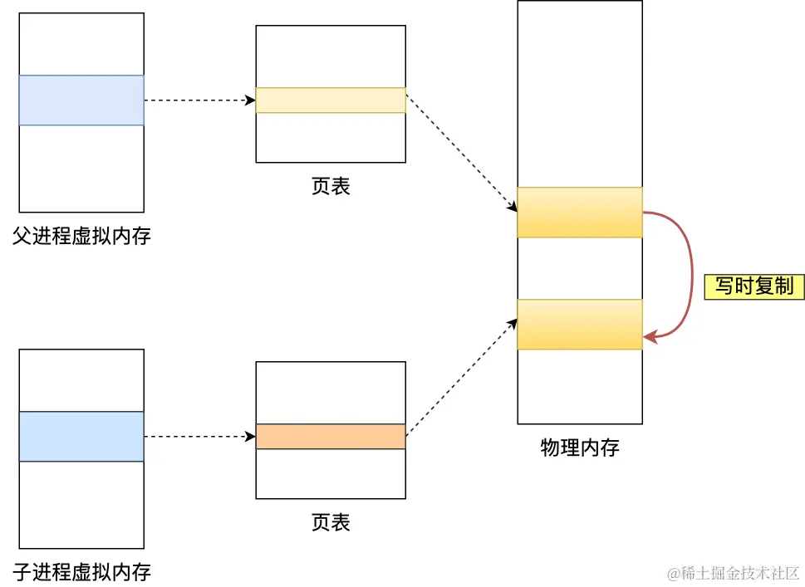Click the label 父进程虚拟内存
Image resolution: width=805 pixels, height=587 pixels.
click(x=81, y=237)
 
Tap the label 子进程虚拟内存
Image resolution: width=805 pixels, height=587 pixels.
click(x=81, y=571)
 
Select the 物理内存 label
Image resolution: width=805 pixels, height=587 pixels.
click(x=580, y=448)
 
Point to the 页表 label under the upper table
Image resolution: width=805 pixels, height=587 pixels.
click(x=331, y=186)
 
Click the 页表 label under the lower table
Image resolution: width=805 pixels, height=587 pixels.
click(x=331, y=522)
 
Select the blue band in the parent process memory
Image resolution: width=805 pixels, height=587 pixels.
click(x=81, y=100)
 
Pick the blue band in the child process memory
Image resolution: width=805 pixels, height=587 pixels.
click(x=81, y=437)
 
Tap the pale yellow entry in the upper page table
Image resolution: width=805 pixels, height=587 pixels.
click(x=331, y=100)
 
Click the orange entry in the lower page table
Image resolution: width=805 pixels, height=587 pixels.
click(x=331, y=437)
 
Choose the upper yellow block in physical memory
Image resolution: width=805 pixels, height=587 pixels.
click(x=580, y=213)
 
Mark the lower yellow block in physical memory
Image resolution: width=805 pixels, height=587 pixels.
click(x=580, y=325)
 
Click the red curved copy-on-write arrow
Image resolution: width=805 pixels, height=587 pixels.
click(x=691, y=274)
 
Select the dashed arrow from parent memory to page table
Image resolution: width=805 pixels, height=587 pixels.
click(x=199, y=100)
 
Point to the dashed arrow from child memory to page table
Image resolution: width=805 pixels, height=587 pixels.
click(x=199, y=437)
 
